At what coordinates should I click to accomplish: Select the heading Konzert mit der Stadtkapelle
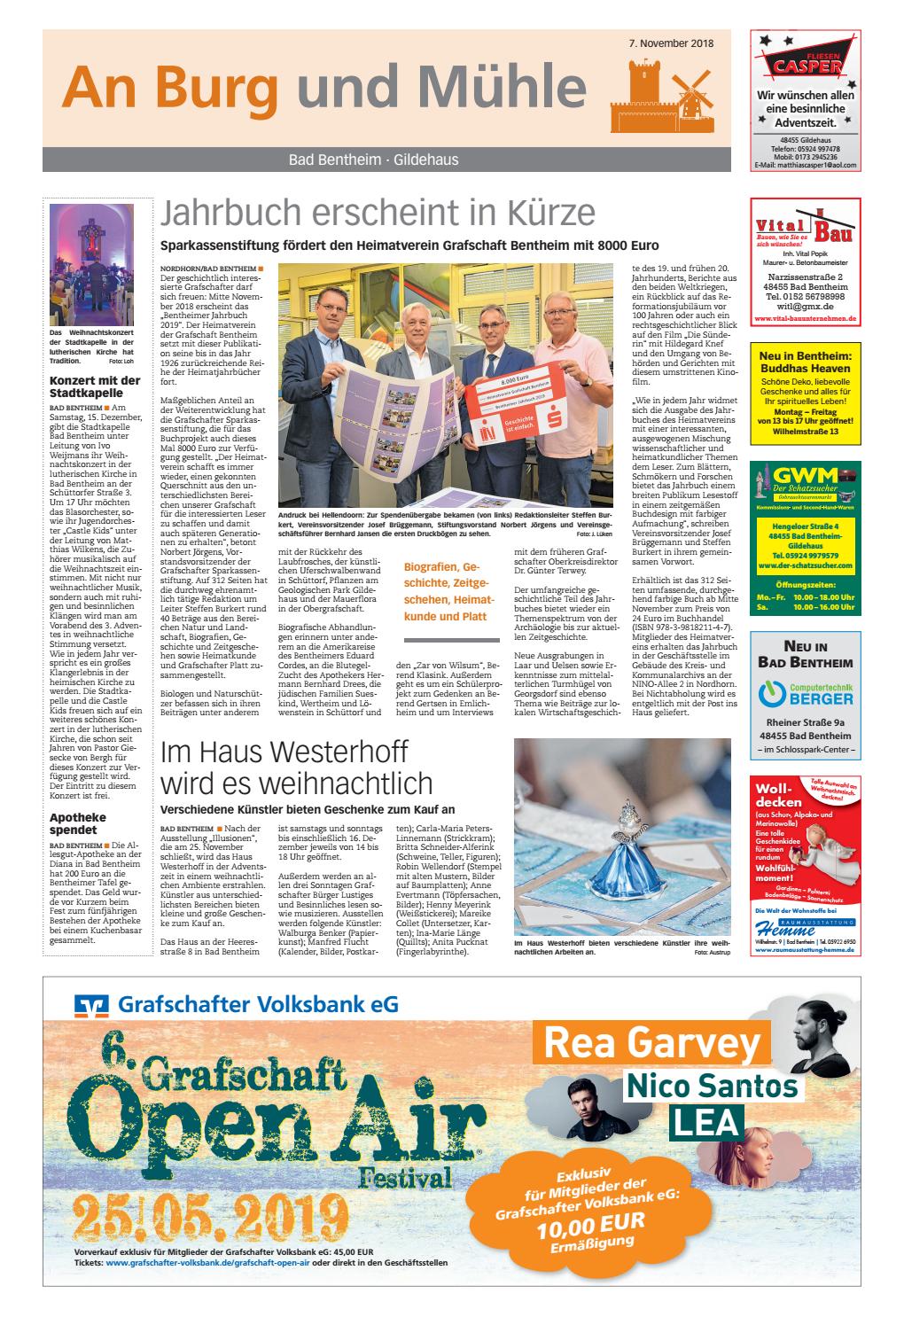95,387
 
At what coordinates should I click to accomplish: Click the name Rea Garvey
652,1042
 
